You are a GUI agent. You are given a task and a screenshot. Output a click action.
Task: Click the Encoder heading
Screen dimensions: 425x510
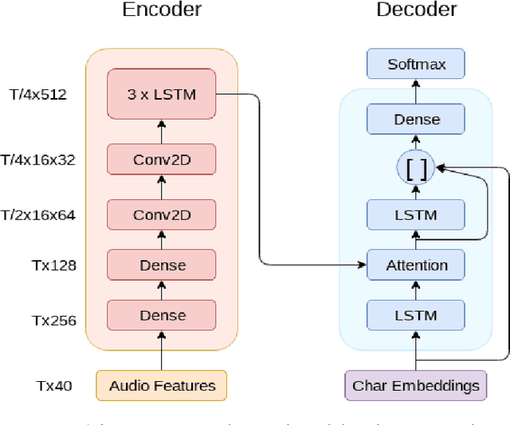(x=161, y=10)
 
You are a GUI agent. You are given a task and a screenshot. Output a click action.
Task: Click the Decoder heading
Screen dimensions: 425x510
(x=416, y=10)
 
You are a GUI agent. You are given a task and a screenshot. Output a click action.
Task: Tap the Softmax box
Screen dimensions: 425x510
(x=416, y=63)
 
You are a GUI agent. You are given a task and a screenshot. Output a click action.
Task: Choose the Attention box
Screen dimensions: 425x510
(x=416, y=265)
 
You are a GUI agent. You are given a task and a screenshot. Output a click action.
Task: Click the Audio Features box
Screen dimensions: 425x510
(x=161, y=385)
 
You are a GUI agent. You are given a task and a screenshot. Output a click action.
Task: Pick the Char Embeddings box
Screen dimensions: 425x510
(x=416, y=385)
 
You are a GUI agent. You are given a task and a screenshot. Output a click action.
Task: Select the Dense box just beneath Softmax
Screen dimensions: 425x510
(x=416, y=119)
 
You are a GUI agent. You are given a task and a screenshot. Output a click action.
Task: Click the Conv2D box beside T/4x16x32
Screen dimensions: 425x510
(x=161, y=160)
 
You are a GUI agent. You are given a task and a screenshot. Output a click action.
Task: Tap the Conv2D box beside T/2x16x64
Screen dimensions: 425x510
(x=161, y=214)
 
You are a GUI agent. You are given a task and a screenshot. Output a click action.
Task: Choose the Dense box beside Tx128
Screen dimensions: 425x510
(x=161, y=265)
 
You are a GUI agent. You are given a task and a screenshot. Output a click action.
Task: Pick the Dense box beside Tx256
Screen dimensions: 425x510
(x=161, y=315)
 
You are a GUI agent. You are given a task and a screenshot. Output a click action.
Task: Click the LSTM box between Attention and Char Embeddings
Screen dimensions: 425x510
(x=416, y=315)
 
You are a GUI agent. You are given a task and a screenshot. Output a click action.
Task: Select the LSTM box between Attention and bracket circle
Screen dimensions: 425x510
(x=416, y=214)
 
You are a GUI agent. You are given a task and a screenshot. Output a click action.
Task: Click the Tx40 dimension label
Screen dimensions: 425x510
(x=53, y=387)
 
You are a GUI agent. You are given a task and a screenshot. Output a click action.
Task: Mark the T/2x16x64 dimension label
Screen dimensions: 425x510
(x=38, y=214)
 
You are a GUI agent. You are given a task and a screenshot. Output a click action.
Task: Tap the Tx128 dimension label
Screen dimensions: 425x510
(x=53, y=265)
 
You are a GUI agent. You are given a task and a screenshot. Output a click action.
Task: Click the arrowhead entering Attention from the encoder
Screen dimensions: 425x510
(x=361, y=265)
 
